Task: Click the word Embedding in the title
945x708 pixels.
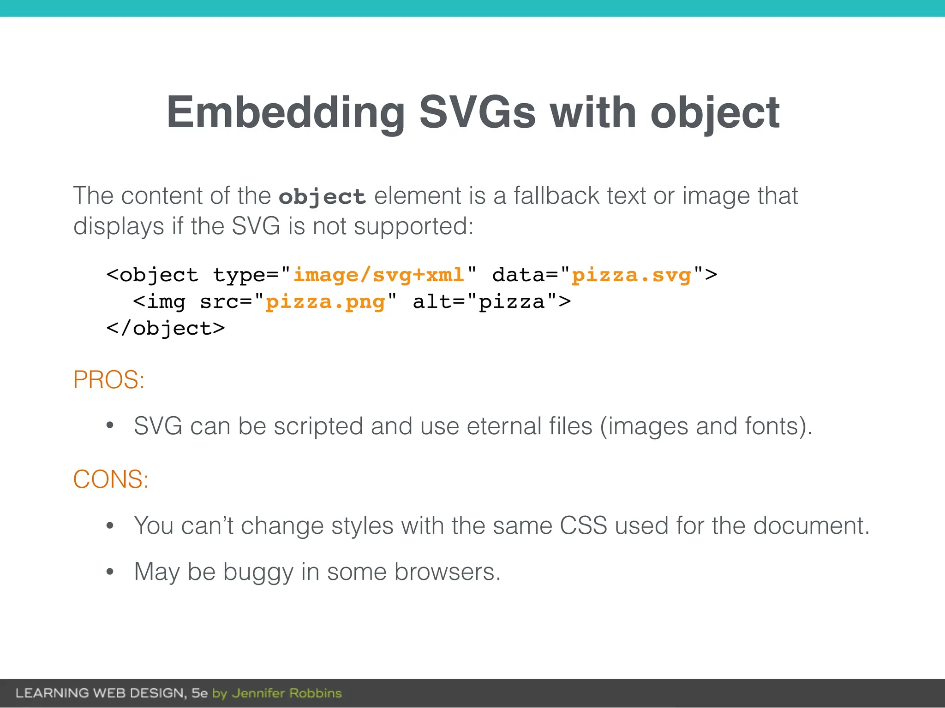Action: click(285, 113)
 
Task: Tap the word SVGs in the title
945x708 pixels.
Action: click(477, 113)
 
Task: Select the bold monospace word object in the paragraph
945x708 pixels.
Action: click(322, 197)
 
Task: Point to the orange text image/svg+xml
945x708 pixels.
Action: click(378, 275)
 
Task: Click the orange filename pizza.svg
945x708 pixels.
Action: click(631, 275)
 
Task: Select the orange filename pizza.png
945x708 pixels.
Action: click(325, 302)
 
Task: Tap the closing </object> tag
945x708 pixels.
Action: click(165, 329)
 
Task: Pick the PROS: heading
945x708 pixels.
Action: click(109, 380)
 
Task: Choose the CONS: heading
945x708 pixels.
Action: click(111, 479)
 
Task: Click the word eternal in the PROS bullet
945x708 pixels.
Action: click(504, 426)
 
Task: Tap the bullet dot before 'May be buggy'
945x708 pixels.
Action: click(110, 572)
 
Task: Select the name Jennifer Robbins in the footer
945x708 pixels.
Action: click(287, 693)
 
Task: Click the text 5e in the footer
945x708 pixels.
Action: click(199, 693)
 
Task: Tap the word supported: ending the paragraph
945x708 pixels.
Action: click(413, 226)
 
